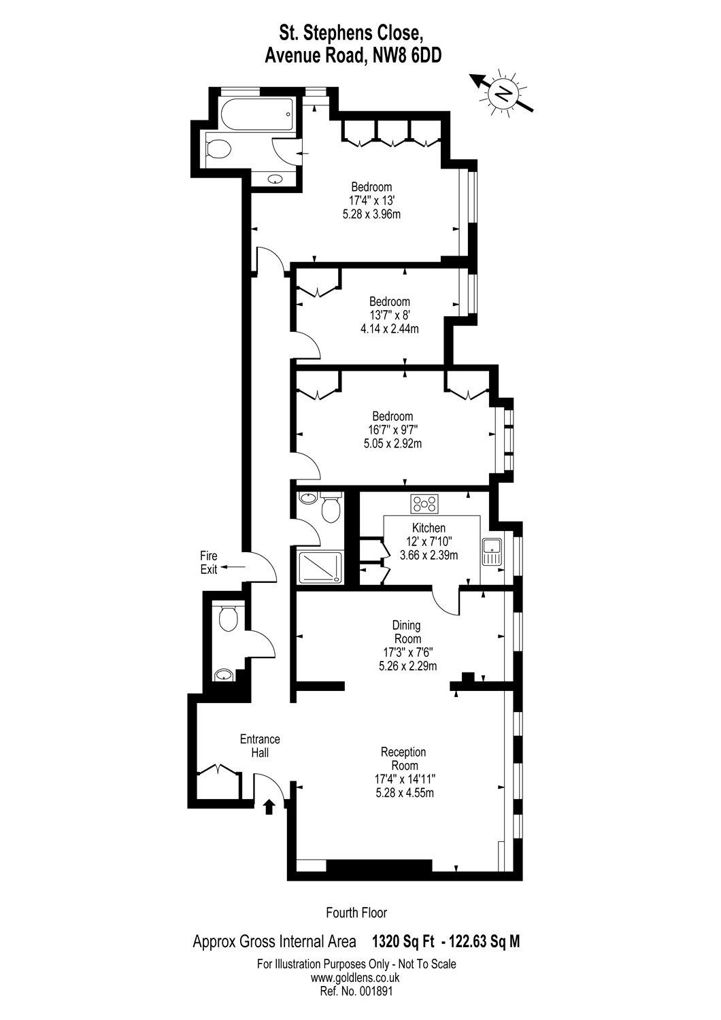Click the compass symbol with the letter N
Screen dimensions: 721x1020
point(503,93)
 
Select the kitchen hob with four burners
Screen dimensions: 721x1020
point(424,504)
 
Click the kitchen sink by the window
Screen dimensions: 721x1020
point(492,551)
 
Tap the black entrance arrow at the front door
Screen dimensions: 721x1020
point(269,806)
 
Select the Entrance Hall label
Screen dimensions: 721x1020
point(260,746)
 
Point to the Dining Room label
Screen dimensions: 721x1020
point(407,632)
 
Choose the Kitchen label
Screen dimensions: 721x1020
point(429,528)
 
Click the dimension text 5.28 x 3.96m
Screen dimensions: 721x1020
point(371,214)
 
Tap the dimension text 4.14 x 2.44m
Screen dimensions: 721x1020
point(390,328)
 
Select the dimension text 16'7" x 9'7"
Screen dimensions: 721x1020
point(392,429)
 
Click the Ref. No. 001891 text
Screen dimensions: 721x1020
point(356,989)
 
